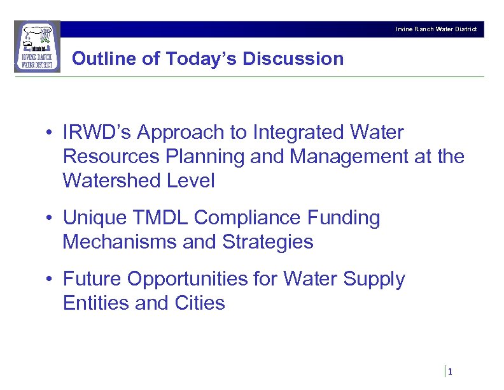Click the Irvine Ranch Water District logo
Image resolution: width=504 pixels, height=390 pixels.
[38, 47]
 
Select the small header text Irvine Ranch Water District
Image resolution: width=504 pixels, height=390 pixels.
[436, 29]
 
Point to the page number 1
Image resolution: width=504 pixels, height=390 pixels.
[450, 372]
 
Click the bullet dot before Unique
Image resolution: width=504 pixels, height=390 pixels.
[48, 219]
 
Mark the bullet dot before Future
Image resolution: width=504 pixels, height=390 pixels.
[48, 280]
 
